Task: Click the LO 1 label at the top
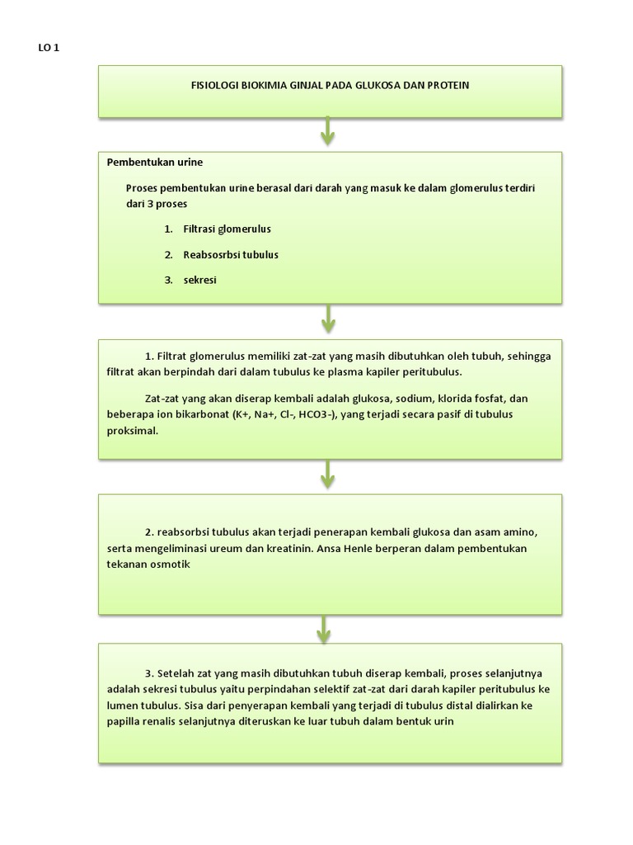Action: point(49,48)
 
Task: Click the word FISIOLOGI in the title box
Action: point(215,86)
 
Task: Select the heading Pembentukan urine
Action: point(155,162)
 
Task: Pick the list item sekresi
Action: point(199,280)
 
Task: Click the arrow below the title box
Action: point(329,130)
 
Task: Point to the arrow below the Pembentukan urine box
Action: point(329,317)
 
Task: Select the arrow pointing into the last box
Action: point(324,627)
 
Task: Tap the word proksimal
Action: point(131,431)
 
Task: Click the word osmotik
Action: point(171,564)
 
